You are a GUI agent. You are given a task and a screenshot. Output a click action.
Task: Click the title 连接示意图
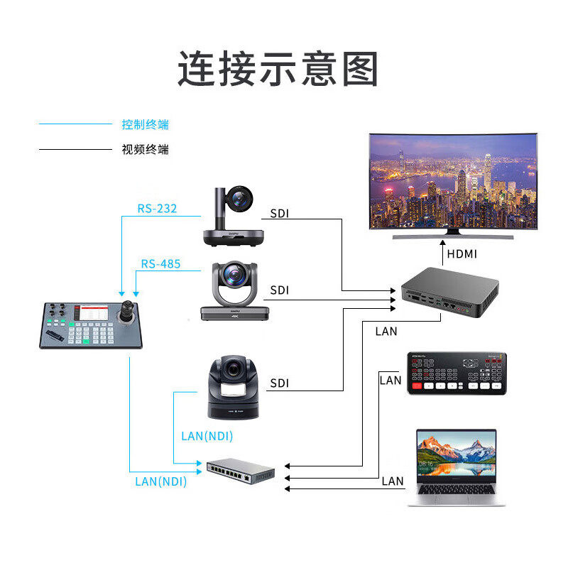tap(278, 69)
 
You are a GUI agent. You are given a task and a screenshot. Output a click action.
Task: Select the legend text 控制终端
tap(145, 125)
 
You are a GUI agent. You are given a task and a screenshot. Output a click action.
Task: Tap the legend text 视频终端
tap(145, 150)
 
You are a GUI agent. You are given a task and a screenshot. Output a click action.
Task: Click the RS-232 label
tap(157, 209)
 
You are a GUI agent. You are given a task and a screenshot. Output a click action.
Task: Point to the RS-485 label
tap(160, 264)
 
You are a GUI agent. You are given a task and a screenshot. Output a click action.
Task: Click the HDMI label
tap(461, 253)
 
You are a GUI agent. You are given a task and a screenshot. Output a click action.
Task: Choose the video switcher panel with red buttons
tap(457, 373)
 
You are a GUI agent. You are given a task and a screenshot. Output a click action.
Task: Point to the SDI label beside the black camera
tap(280, 383)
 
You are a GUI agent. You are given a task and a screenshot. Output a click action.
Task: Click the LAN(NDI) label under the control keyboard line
tap(161, 481)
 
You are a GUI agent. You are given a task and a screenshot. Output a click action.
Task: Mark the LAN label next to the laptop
tap(393, 481)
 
